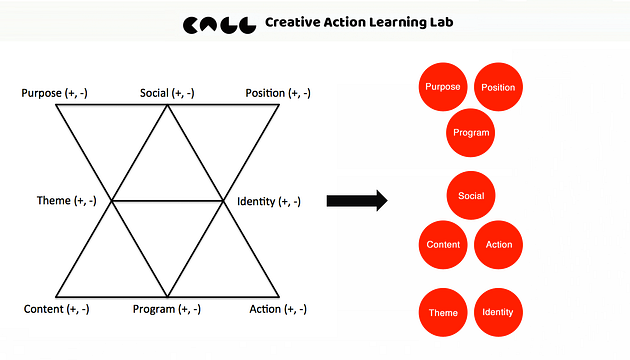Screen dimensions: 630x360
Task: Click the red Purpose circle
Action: pos(443,87)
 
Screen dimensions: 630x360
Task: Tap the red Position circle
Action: pos(498,87)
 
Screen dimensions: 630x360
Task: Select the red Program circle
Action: pos(470,133)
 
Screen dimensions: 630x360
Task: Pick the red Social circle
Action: pos(471,196)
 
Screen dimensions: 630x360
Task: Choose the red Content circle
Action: pos(443,245)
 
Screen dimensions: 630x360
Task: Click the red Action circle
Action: pos(498,245)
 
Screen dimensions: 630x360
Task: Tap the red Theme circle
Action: pos(443,312)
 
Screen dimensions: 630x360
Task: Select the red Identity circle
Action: pos(498,312)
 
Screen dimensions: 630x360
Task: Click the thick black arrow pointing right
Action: pos(357,200)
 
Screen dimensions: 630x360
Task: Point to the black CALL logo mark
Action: pos(219,25)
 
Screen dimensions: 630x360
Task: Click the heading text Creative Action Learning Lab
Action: pos(359,22)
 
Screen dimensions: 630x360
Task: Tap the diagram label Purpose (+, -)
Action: pos(54,93)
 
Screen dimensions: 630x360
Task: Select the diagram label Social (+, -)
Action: pos(167,93)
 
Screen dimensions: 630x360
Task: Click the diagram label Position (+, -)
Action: pos(278,93)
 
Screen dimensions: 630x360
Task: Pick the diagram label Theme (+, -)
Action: pos(67,200)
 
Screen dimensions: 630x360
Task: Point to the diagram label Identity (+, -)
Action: pos(269,201)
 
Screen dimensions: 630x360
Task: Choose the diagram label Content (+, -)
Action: pos(57,309)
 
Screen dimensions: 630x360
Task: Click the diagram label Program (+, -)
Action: pos(167,309)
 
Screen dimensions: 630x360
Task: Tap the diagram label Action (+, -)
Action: pos(278,309)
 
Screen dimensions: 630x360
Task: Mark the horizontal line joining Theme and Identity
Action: pos(168,200)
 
